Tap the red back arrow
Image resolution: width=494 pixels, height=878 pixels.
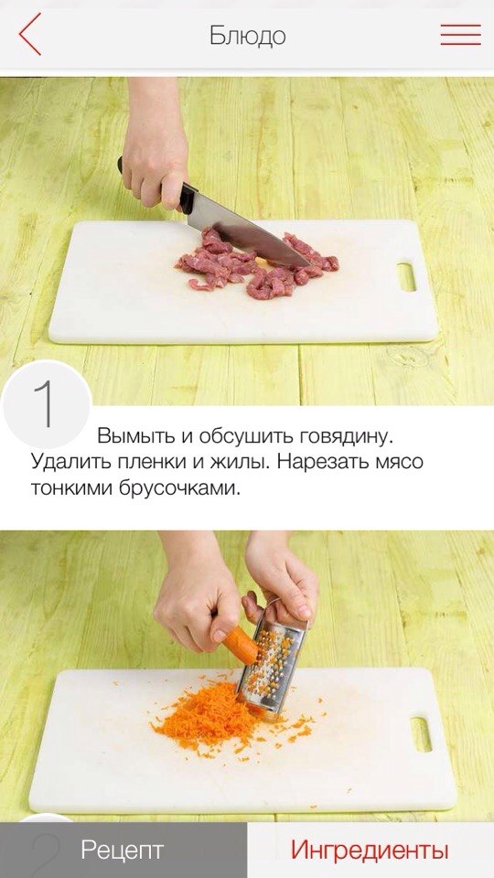coord(29,34)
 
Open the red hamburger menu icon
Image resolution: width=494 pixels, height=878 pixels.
coord(460,35)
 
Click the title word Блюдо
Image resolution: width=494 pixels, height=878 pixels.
coord(248,36)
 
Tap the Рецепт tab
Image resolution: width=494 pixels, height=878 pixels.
coord(123,850)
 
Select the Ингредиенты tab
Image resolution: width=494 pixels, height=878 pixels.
coord(370,850)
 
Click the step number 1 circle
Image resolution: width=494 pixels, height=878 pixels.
coord(47,403)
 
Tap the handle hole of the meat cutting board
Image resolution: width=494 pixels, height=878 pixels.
coord(406,276)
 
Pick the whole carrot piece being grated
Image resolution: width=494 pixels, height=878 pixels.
coord(241,643)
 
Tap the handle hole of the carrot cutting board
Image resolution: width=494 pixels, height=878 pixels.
coord(421,734)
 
